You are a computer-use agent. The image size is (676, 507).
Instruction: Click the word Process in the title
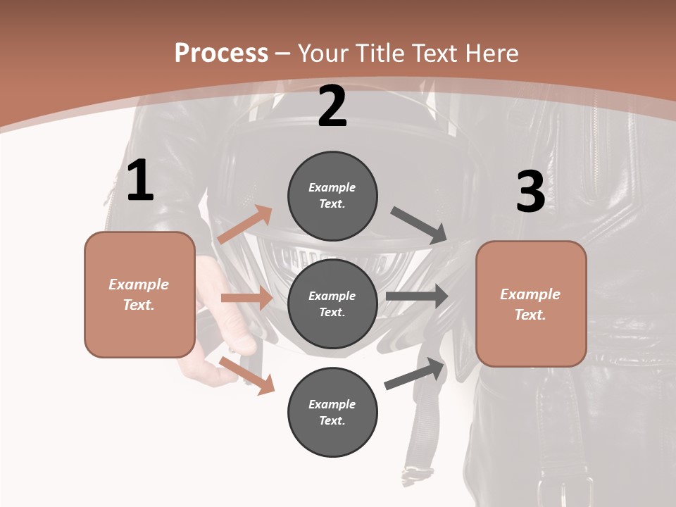[x=221, y=54]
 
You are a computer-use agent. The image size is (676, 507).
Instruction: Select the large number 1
[x=140, y=180]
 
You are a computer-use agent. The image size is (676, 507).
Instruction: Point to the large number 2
[x=332, y=106]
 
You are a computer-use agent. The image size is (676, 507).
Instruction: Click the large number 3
[x=530, y=192]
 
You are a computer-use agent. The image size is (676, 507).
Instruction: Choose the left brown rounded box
[x=139, y=294]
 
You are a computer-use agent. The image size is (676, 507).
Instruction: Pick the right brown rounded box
[x=531, y=303]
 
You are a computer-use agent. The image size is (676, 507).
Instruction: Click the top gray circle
[x=332, y=196]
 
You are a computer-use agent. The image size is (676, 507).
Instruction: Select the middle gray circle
[x=332, y=303]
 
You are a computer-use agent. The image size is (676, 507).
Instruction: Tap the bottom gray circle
[x=332, y=412]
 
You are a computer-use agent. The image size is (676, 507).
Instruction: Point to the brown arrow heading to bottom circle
[x=247, y=375]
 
